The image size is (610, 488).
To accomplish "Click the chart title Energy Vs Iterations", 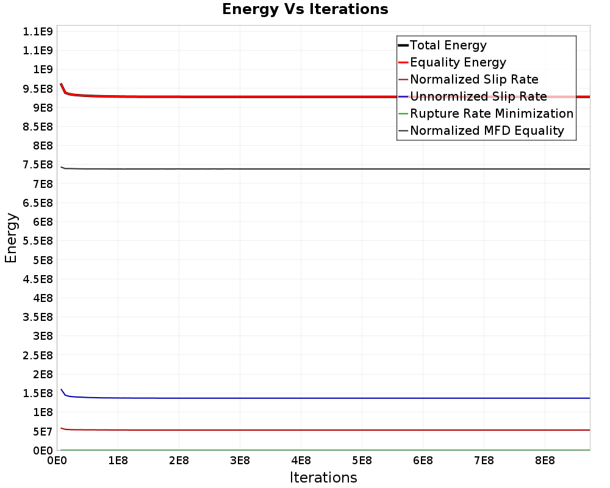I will pos(305,9).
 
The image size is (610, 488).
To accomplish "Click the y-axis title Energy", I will pos(11,237).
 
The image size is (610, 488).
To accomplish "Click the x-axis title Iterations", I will pos(323,477).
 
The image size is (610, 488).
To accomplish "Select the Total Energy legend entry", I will pos(448,45).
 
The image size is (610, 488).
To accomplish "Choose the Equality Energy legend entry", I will pos(457,62).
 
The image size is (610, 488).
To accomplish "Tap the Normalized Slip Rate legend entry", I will pos(474,79).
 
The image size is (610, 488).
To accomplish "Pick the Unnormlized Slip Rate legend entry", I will pos(478,96).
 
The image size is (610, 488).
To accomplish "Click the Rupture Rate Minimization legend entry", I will pos(491,113).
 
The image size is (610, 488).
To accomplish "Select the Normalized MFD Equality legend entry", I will pos(487,131).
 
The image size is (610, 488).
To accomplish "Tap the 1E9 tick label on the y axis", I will pos(42,70).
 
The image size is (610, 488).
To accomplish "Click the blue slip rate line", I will pos(305,398).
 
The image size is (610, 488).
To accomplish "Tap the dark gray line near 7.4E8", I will pos(305,169).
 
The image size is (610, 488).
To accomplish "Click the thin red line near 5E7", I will pos(305,430).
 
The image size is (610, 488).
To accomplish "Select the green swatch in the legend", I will pos(403,113).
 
